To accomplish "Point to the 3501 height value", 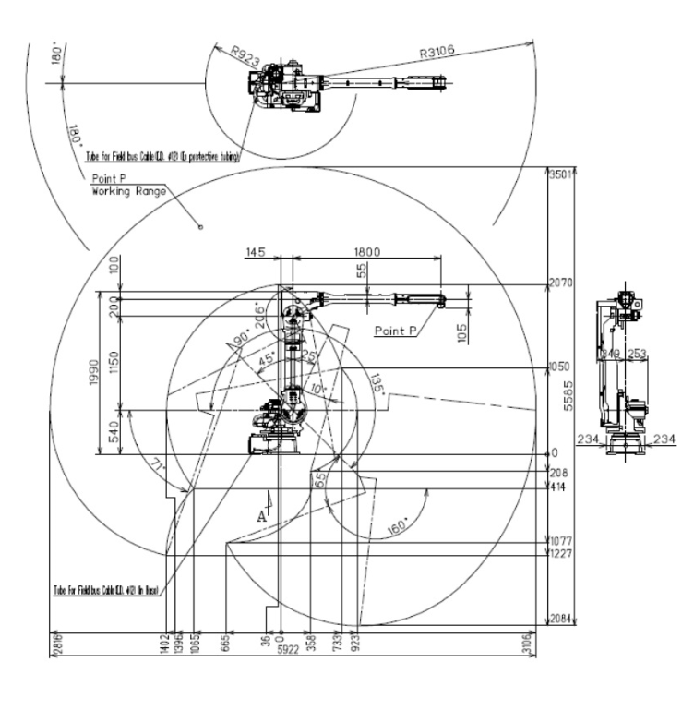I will (x=560, y=175).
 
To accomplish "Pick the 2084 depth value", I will (x=561, y=620).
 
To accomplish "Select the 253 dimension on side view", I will (x=638, y=352).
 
